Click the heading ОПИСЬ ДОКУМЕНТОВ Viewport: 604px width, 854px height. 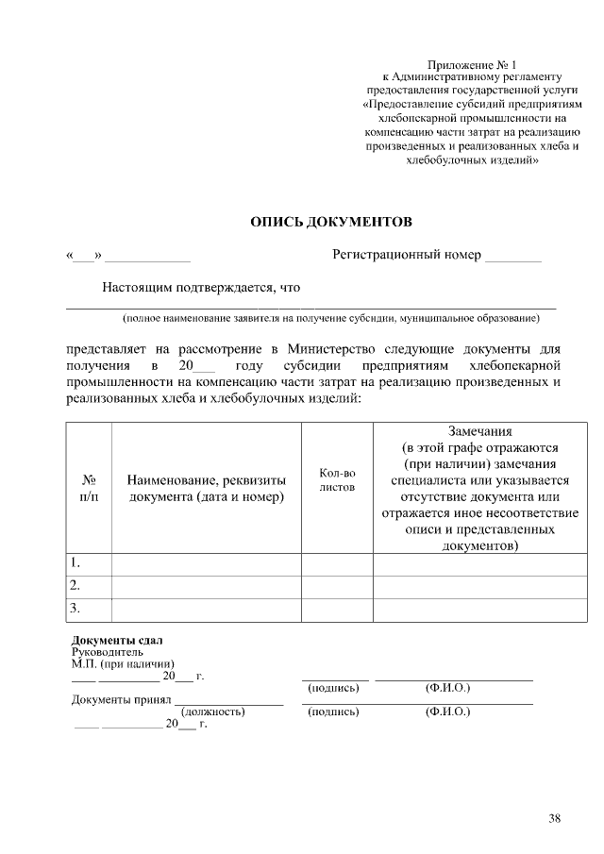click(330, 222)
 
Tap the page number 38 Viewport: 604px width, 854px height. click(554, 818)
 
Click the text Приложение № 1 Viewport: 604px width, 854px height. click(472, 62)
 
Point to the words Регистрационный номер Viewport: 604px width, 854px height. click(407, 255)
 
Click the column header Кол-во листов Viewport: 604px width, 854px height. click(337, 480)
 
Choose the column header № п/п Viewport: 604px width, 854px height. click(89, 488)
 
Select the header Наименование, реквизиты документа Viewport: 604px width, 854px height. click(207, 488)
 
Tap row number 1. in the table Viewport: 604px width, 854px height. click(75, 563)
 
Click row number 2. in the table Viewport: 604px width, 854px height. click(75, 586)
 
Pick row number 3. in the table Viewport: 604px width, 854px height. click(75, 609)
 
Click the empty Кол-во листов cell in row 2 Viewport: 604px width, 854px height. click(337, 586)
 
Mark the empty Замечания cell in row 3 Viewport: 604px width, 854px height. click(478, 609)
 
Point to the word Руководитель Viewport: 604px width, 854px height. click(108, 651)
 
